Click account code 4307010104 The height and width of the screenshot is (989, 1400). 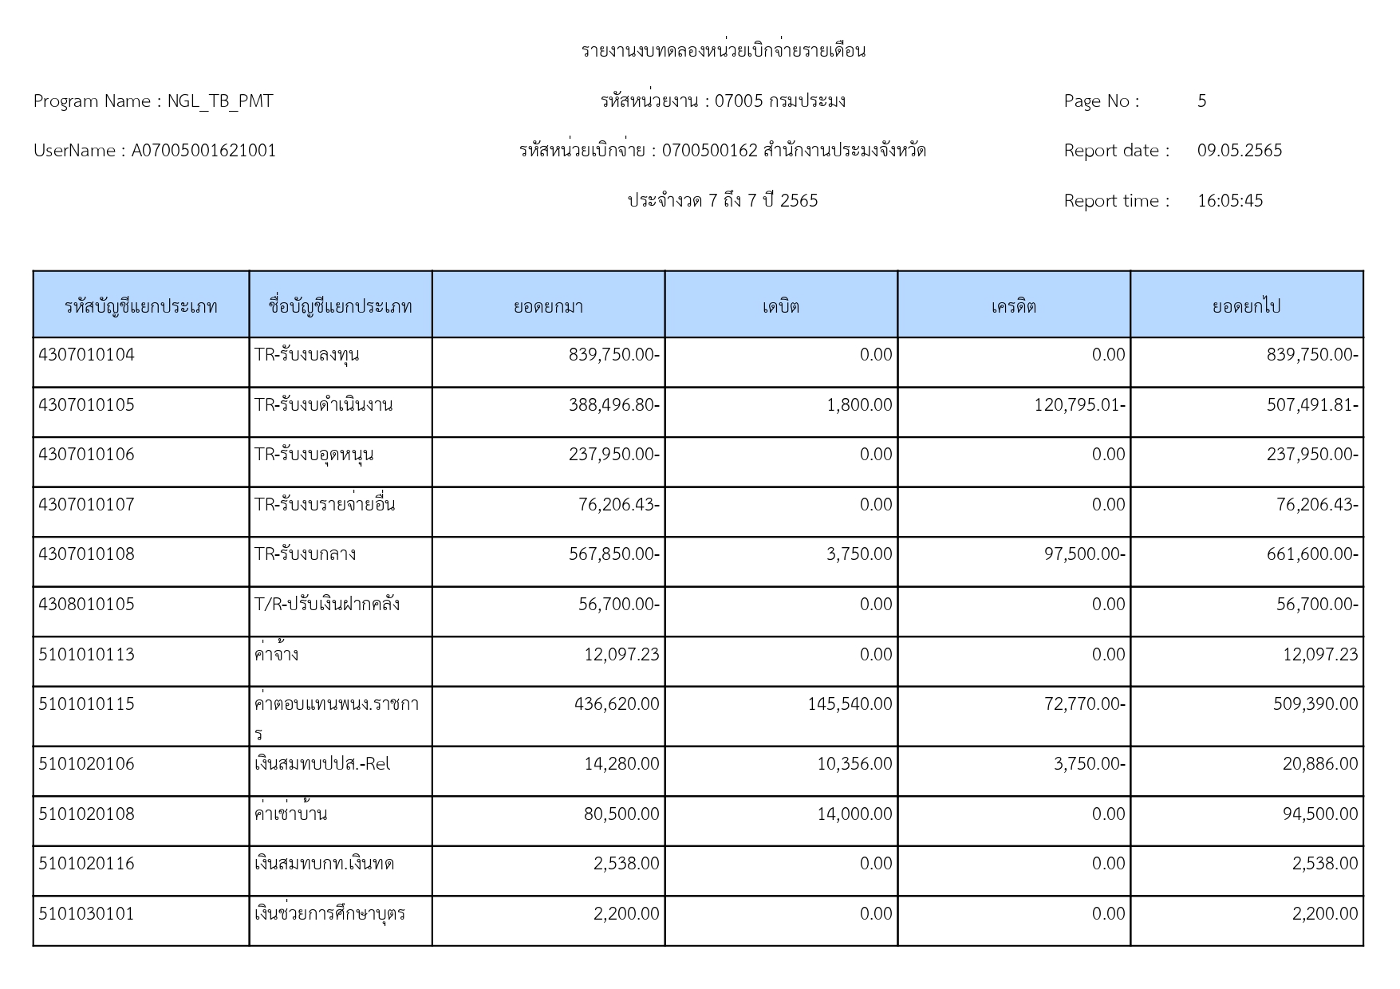click(x=86, y=355)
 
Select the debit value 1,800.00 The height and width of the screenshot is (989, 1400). click(x=859, y=405)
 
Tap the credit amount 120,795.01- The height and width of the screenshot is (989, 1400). click(x=1079, y=405)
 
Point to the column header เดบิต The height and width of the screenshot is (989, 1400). click(x=780, y=306)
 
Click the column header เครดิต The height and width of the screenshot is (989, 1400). click(x=1013, y=306)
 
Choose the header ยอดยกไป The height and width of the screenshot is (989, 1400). click(x=1246, y=306)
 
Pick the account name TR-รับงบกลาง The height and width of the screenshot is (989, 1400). click(x=305, y=554)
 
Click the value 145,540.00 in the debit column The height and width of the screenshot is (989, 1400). click(x=850, y=704)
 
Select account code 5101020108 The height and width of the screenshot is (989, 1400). click(x=86, y=814)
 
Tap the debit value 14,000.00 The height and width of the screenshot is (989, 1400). click(x=854, y=814)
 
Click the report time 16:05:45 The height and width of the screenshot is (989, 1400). click(x=1229, y=201)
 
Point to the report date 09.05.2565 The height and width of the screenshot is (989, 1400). click(x=1239, y=151)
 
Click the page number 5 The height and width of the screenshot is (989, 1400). click(x=1201, y=101)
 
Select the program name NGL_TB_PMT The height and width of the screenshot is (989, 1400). click(x=219, y=101)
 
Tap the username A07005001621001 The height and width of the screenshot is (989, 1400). click(x=203, y=151)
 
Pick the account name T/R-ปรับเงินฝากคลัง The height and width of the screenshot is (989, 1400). click(x=326, y=605)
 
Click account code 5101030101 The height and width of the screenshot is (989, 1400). click(x=86, y=914)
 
